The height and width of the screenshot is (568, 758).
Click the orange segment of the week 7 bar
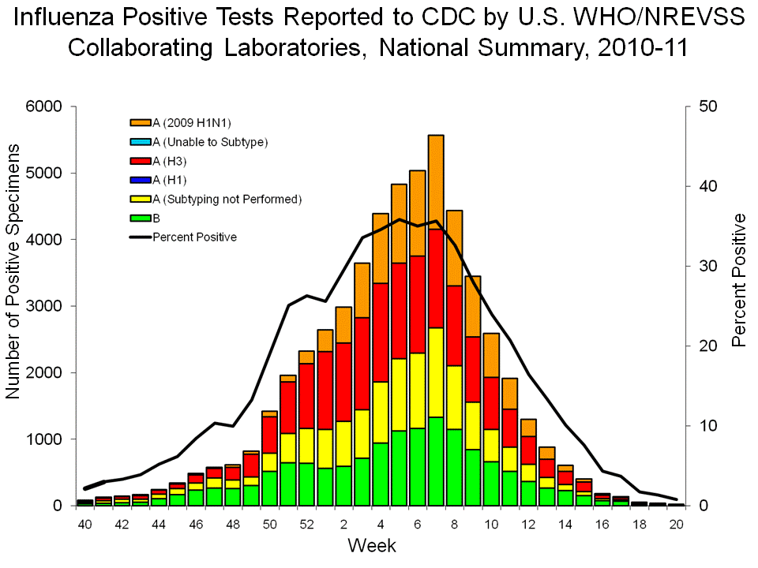point(436,181)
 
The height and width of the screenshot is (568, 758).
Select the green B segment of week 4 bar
point(380,473)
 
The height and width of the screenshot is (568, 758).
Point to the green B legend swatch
point(140,219)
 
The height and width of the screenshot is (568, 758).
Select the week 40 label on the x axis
point(85,525)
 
